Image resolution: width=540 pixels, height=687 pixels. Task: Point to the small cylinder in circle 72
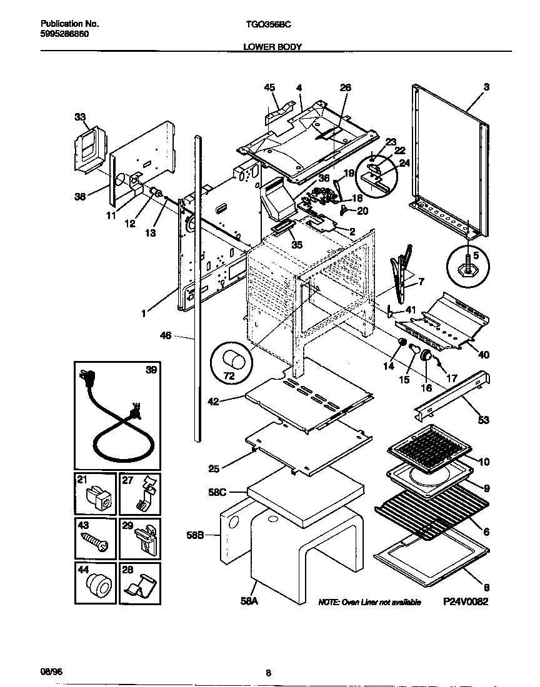coord(235,360)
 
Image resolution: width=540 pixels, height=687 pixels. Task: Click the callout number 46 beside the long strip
coord(165,336)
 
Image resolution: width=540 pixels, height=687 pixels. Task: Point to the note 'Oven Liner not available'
coord(369,602)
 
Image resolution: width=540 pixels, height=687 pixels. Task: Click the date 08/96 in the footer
coord(52,671)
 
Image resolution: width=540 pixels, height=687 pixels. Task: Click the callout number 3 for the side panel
coord(486,88)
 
